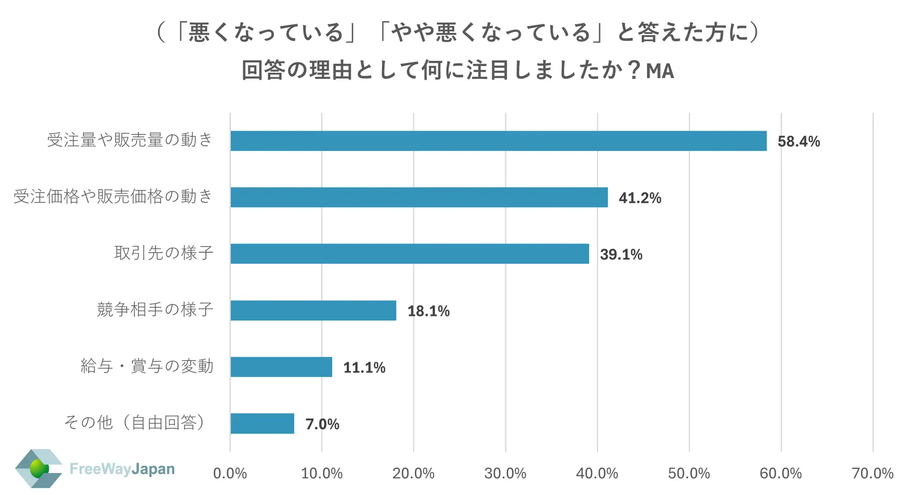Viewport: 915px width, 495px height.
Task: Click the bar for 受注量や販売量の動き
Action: tap(498, 141)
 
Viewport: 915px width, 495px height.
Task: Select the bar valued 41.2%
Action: tap(419, 197)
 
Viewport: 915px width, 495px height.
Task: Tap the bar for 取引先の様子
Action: tap(409, 254)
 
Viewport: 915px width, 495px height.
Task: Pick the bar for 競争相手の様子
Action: tap(313, 310)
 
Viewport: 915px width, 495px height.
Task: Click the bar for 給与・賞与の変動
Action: tap(281, 367)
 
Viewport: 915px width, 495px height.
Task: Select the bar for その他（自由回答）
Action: tap(262, 424)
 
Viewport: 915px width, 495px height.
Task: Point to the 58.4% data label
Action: tap(799, 141)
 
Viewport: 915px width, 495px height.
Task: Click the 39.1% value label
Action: tap(621, 255)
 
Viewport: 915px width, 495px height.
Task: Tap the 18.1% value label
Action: tap(428, 311)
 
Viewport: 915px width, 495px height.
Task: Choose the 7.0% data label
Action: tap(322, 424)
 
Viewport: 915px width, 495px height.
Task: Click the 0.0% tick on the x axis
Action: tap(230, 473)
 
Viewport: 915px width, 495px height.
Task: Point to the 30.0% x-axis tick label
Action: tap(505, 473)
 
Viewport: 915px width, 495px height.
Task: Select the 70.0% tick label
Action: tap(872, 473)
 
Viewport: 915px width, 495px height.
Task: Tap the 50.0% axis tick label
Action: tap(689, 473)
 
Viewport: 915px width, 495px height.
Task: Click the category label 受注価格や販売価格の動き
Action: tap(113, 196)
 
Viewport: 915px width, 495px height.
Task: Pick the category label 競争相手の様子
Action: tap(155, 309)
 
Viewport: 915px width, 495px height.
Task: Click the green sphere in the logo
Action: tap(38, 468)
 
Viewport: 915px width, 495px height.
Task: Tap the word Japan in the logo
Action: tap(153, 469)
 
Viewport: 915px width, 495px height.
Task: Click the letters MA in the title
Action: tap(660, 71)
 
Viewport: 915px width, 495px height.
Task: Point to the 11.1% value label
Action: tap(364, 367)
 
